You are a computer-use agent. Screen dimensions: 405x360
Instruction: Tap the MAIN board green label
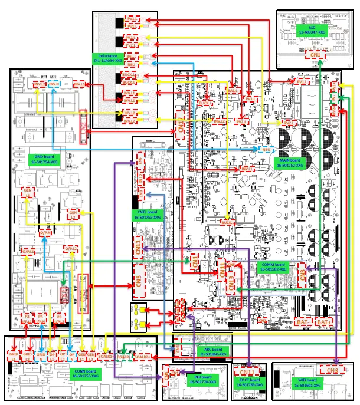pos(289,163)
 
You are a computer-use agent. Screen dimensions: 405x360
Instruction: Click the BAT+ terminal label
pos(322,322)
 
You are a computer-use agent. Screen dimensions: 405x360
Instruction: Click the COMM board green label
pos(273,267)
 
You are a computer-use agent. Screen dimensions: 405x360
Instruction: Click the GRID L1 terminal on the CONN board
pos(13,355)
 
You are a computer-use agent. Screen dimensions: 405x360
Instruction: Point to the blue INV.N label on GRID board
pos(54,85)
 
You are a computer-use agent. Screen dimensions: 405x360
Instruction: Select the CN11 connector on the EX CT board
pos(246,372)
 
